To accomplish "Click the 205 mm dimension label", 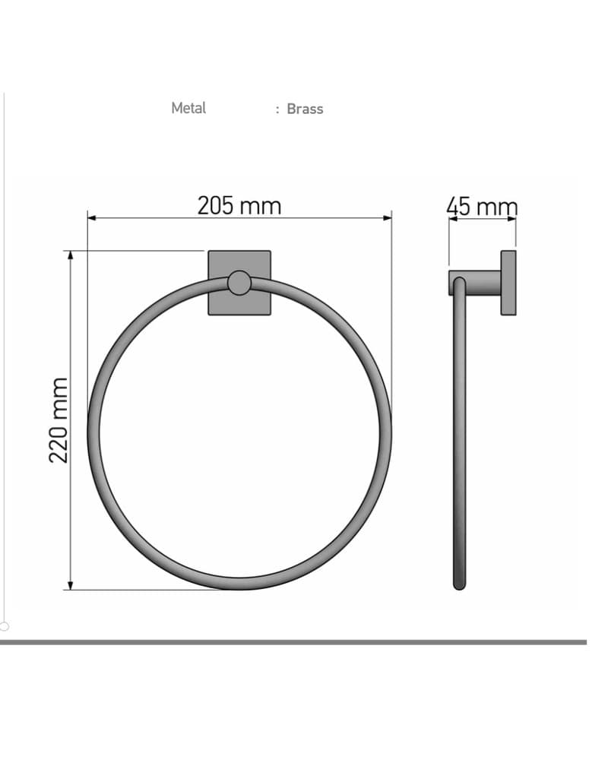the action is (239, 206).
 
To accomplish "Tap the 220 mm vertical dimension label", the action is (59, 420).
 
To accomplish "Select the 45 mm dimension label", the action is (482, 207).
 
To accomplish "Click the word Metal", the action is (188, 108).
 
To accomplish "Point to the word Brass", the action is (305, 109).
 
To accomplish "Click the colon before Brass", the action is (277, 110).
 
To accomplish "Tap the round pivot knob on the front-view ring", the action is (239, 283).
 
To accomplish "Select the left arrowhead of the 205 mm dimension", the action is (92, 218).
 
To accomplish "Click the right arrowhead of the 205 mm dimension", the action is (387, 218).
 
